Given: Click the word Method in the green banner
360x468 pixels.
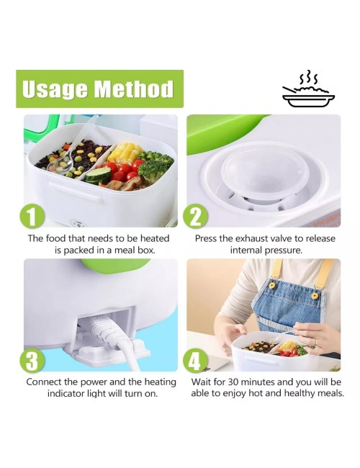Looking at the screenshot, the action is coord(134,89).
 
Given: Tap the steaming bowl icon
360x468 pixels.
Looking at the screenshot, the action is coord(308,89).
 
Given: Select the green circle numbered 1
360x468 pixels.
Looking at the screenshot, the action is coord(32,217).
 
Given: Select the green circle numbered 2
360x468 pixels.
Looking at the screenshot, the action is coord(196,216).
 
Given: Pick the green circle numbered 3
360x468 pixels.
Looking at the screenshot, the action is coord(32,361).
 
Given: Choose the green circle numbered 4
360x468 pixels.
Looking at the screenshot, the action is coord(196,361).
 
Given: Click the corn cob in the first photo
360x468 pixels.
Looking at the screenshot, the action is coord(124,153).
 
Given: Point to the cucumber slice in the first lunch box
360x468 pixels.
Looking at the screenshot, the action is coord(99,175).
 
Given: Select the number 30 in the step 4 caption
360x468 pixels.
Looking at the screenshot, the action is coord(233,382).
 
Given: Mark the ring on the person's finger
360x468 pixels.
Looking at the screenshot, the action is coord(317,341).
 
